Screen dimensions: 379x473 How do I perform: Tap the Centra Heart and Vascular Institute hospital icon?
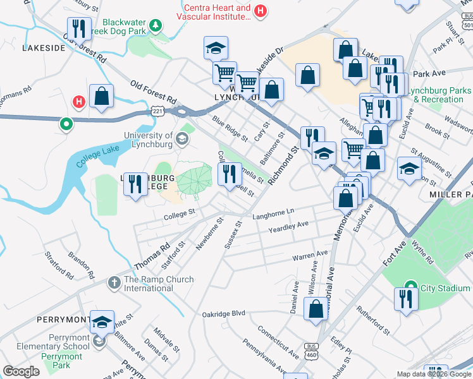click(260, 11)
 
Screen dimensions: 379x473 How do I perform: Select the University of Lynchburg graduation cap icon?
click(182, 138)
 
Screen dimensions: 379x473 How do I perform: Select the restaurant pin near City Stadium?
click(405, 299)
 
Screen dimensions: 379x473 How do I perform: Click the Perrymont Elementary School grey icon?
click(99, 342)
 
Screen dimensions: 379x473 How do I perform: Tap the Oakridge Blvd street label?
click(223, 313)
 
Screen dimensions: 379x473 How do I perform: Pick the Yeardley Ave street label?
click(288, 226)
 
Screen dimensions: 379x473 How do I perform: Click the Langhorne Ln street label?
click(274, 215)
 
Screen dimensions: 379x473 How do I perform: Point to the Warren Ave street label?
click(310, 255)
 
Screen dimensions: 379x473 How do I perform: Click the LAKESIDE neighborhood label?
click(43, 47)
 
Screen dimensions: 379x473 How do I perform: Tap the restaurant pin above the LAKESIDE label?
click(78, 29)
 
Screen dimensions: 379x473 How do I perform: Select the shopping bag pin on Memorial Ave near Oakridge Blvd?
click(315, 310)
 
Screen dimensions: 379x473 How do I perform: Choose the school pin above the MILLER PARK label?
click(408, 169)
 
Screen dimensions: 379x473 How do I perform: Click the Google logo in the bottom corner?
click(21, 371)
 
